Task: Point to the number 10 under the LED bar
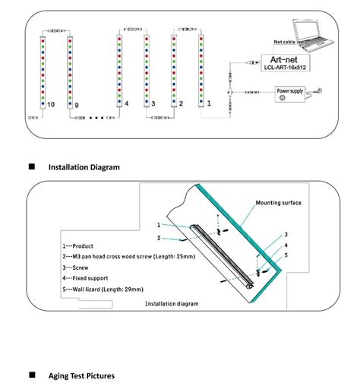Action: click(50, 103)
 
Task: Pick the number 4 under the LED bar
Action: click(126, 103)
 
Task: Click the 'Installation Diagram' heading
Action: click(84, 167)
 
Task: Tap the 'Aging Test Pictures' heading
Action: click(85, 375)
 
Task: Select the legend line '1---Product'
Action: click(78, 247)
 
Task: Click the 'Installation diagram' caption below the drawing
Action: click(172, 304)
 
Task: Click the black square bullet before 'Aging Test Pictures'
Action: click(32, 375)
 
